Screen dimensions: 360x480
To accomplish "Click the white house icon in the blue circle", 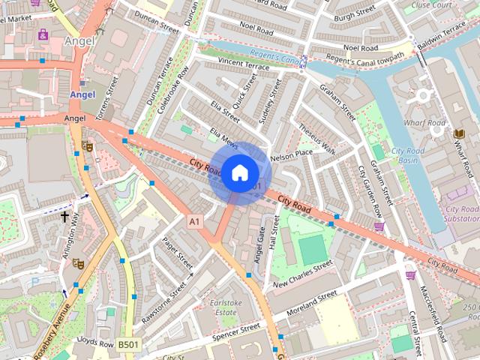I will [239, 172].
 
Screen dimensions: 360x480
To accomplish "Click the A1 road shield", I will [195, 221].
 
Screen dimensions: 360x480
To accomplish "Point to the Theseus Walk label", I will [316, 137].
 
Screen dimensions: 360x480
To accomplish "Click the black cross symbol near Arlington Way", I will [64, 217].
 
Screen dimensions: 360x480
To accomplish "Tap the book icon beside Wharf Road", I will [459, 133].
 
